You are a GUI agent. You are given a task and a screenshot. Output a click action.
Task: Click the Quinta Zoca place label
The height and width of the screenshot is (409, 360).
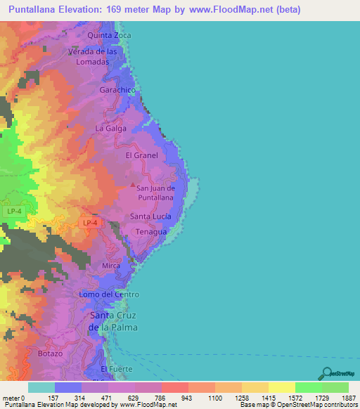(x=109, y=35)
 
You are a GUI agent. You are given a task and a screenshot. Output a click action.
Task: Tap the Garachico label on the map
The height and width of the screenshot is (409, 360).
(x=116, y=91)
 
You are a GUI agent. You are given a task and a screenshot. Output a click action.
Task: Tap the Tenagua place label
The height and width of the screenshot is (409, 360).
(x=150, y=232)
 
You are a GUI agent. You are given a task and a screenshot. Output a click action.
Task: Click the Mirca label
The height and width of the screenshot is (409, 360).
(x=111, y=266)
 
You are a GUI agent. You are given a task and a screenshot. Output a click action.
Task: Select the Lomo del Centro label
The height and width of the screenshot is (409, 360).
(x=109, y=294)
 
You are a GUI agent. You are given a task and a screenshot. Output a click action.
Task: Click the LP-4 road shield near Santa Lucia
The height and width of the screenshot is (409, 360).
(x=90, y=223)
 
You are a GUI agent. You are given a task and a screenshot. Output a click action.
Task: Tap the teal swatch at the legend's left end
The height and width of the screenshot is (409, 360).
(x=41, y=387)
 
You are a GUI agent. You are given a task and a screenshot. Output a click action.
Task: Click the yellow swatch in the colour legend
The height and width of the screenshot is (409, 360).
(x=281, y=387)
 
